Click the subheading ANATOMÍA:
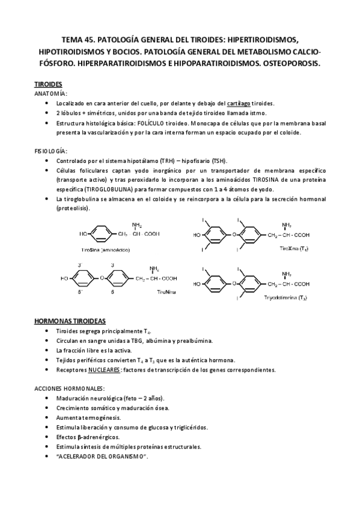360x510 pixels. tap(50, 94)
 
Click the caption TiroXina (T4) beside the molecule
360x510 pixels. tap(294, 248)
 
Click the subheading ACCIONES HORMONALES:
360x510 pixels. tap(70, 389)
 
